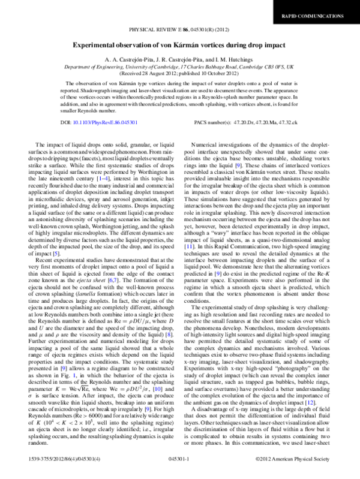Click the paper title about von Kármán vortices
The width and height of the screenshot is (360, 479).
(179, 44)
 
